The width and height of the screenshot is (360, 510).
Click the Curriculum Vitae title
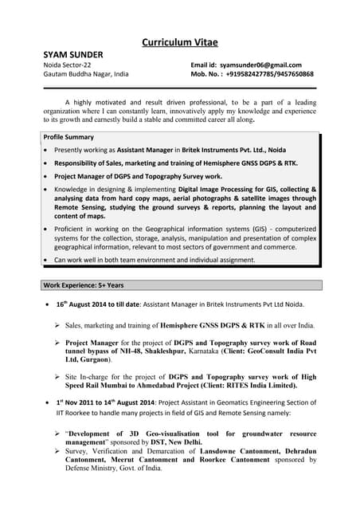tap(179, 41)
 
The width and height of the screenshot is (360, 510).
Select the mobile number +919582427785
tap(251, 74)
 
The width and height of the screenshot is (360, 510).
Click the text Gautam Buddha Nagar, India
tap(85, 74)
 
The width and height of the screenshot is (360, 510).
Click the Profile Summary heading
tap(68, 137)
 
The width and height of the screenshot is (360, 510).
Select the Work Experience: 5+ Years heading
tap(84, 284)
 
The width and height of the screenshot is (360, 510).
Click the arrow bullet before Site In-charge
tap(57, 377)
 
